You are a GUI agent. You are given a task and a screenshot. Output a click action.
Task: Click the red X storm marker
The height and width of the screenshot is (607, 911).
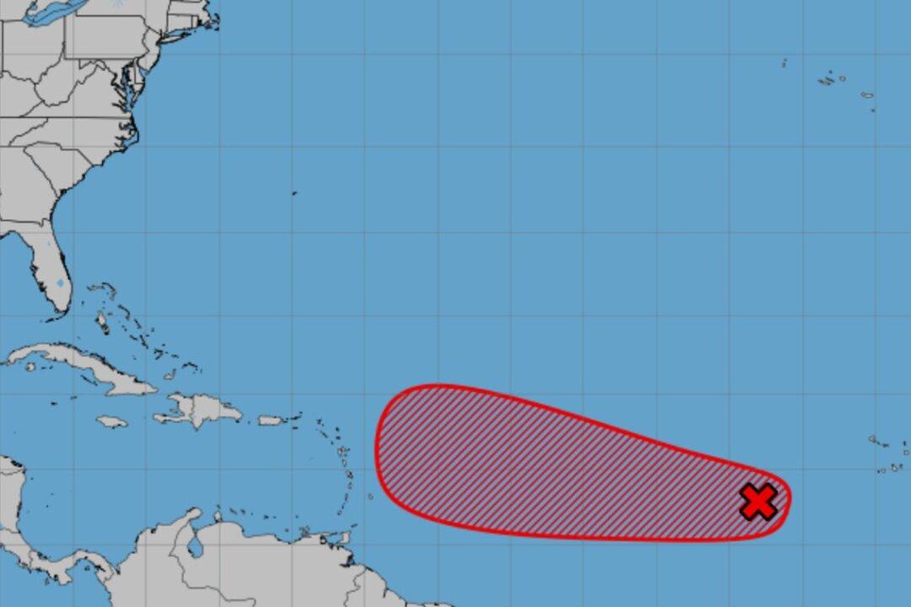click(758, 502)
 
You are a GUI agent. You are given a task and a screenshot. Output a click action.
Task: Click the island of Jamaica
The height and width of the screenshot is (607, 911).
click(111, 421)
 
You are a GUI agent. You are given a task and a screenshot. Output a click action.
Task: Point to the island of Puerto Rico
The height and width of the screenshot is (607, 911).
click(270, 420)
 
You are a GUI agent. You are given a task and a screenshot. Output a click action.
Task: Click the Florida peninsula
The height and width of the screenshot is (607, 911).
click(46, 261)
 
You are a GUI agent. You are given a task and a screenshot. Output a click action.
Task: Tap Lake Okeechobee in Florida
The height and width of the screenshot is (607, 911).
click(59, 283)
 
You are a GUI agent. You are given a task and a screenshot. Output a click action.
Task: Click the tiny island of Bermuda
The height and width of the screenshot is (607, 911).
click(294, 193)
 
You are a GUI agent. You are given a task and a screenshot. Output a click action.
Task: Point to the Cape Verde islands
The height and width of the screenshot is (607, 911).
click(886, 455)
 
